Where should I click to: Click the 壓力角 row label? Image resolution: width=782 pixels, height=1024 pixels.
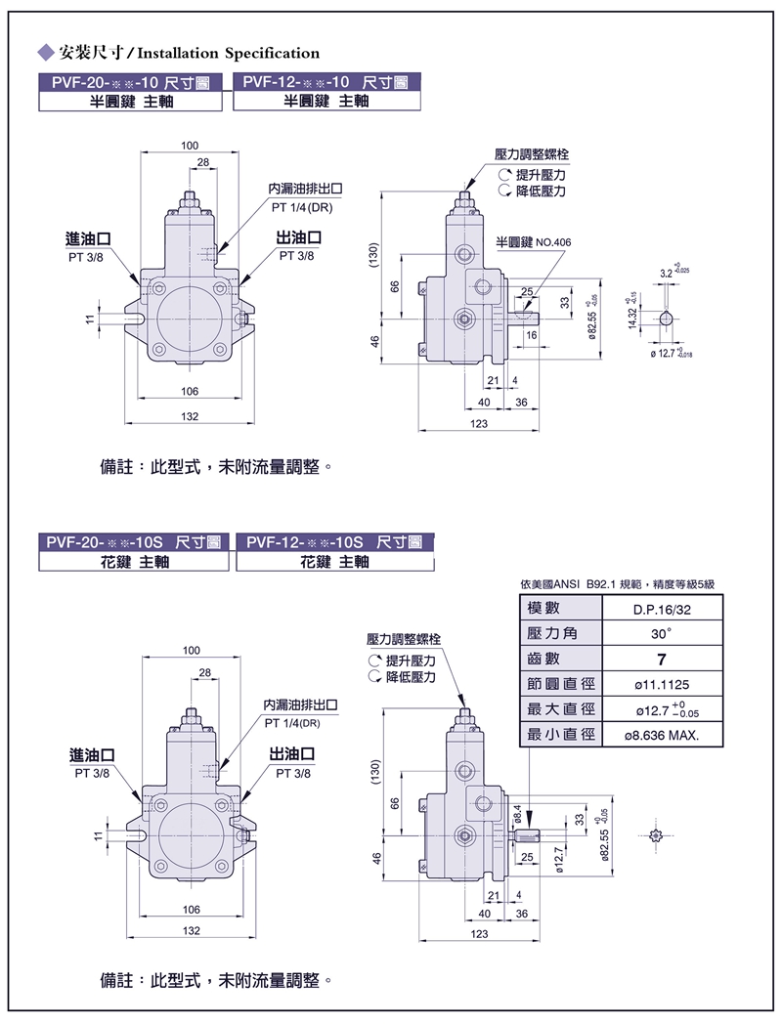[552, 633]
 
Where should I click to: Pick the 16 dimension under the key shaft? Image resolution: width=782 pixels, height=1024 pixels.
[532, 335]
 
